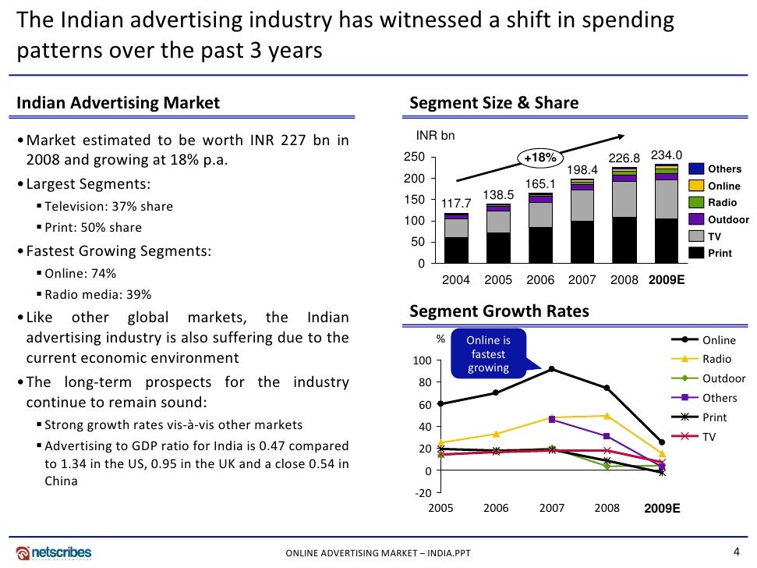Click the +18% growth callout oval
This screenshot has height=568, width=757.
540,158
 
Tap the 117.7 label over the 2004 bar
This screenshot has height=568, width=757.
457,204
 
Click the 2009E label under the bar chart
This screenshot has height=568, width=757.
667,279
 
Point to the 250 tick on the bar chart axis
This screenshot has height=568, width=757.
416,157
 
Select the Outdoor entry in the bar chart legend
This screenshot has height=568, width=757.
728,219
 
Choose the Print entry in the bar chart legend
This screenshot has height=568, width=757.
720,253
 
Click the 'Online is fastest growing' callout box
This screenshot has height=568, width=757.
489,353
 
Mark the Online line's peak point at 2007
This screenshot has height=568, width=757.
551,368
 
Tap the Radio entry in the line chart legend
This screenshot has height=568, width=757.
717,359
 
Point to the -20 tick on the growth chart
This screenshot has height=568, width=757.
423,493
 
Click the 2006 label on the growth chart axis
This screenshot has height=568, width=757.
496,509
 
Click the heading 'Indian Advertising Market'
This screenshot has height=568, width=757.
119,103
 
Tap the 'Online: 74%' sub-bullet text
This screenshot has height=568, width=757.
81,274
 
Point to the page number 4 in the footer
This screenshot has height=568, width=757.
737,552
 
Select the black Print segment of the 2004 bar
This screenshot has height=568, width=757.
457,250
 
